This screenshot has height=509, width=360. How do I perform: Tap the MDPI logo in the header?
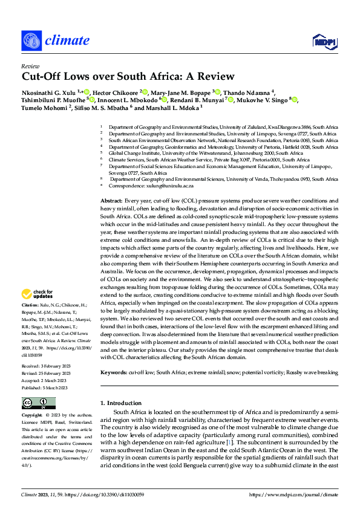click(324, 41)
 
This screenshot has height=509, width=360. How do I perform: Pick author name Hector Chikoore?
click(114, 91)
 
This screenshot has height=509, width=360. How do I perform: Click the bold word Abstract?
click(111, 199)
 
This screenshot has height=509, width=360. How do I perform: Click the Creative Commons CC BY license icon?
click(38, 403)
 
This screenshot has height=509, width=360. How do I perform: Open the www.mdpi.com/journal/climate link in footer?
click(300, 494)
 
